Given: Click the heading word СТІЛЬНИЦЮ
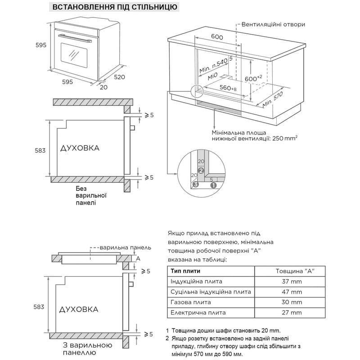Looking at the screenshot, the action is tap(154, 7).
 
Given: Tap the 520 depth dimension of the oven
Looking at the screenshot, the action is tap(119, 77).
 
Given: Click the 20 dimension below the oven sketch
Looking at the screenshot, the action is tap(103, 87).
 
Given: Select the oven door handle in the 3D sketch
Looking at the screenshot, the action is tap(75, 38).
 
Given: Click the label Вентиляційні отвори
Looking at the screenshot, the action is tap(273, 25).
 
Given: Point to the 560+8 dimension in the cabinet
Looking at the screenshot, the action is tap(228, 88).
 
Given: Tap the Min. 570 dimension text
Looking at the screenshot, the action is tap(273, 99).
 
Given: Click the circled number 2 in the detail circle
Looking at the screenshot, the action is tap(201, 171).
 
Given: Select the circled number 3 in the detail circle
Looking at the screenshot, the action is tap(195, 184).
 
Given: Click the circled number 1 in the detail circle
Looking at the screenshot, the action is tap(213, 185).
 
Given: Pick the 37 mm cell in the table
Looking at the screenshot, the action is tap(292, 282).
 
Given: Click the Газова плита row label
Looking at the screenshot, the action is tap(190, 302).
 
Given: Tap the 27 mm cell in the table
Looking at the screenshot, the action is tap(292, 312).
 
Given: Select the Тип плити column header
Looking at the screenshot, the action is tap(185, 271).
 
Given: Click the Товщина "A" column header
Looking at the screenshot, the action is tap(295, 271).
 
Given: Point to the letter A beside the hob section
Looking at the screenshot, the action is tap(138, 258).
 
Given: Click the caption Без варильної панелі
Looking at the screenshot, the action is tap(91, 196).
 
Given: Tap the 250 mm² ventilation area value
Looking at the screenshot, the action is tap(285, 138).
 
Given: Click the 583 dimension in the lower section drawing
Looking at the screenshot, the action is tap(39, 307).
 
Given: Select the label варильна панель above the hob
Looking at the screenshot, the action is tap(126, 248).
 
